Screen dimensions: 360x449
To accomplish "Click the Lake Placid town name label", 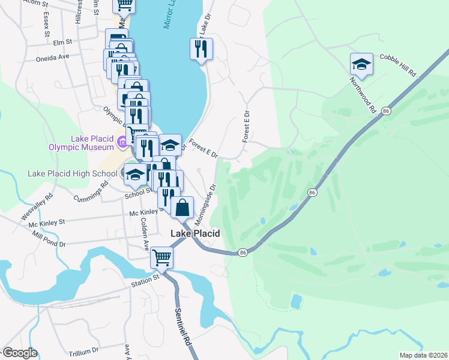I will (x=195, y=233).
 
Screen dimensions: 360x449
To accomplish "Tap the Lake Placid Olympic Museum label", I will (x=92, y=143).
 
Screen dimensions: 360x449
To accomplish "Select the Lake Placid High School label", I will (x=73, y=174).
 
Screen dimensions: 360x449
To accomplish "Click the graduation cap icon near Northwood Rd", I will (x=361, y=64).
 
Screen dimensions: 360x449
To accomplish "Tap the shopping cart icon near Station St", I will (x=161, y=257).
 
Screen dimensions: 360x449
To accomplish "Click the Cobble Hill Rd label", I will (x=398, y=64).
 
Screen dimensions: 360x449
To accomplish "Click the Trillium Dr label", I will (x=83, y=350).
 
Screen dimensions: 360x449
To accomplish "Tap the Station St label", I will (x=146, y=277).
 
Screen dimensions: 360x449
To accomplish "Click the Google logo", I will (x=19, y=353).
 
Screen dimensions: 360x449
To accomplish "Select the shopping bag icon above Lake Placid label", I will (x=182, y=208).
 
